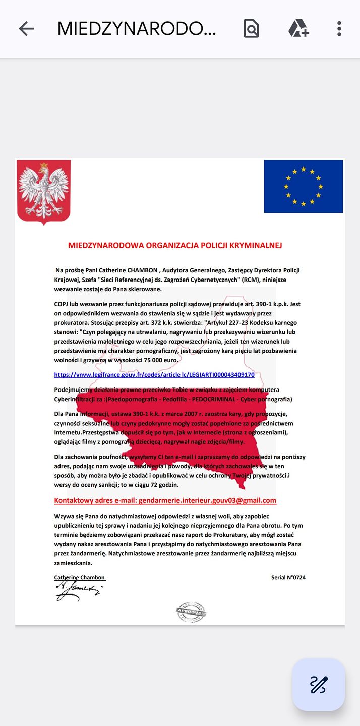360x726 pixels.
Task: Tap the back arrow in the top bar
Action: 26,29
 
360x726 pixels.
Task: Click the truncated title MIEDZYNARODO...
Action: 136,29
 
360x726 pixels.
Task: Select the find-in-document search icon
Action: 251,29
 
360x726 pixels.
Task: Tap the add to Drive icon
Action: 298,29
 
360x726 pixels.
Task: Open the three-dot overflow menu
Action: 339,29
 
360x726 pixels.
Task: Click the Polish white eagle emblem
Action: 43,192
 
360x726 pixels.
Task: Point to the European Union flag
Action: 303,187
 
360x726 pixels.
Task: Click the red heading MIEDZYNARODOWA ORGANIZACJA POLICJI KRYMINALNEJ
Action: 175,246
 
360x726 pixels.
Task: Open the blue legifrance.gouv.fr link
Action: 154,375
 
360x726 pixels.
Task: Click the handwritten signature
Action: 78,591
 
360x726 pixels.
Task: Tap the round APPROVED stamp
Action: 191,612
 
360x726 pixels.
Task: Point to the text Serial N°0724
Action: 288,577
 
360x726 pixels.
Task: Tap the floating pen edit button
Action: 319,685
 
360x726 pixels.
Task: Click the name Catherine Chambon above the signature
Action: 80,577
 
